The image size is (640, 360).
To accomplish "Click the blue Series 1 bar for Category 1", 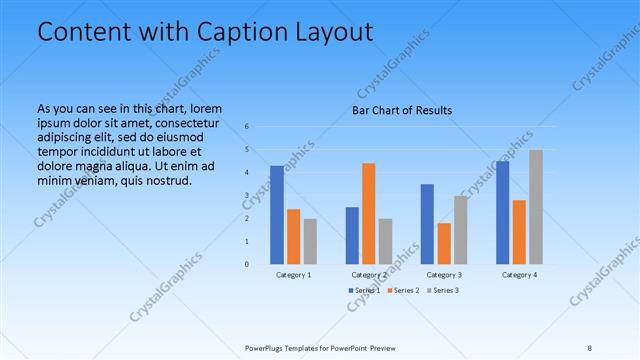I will (x=277, y=215).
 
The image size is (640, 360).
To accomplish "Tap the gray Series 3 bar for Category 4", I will (x=536, y=207).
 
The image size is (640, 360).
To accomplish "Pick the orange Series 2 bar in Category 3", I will (x=444, y=243).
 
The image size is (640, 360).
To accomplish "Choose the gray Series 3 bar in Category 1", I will (x=310, y=241).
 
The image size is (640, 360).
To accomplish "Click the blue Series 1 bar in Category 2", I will (x=352, y=235).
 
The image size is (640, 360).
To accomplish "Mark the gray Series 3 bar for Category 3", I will (x=461, y=230).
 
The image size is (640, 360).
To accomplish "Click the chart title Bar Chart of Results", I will (x=403, y=110).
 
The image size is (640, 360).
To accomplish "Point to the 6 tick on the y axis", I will (x=247, y=127).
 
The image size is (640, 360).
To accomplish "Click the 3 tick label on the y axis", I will (x=247, y=196).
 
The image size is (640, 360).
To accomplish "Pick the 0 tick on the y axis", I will (x=247, y=265).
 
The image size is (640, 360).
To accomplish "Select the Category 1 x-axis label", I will (x=293, y=274).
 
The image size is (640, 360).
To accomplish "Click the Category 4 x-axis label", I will (x=519, y=274).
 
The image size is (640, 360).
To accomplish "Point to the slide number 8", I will (x=589, y=348).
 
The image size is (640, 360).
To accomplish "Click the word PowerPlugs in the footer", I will (x=267, y=348).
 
